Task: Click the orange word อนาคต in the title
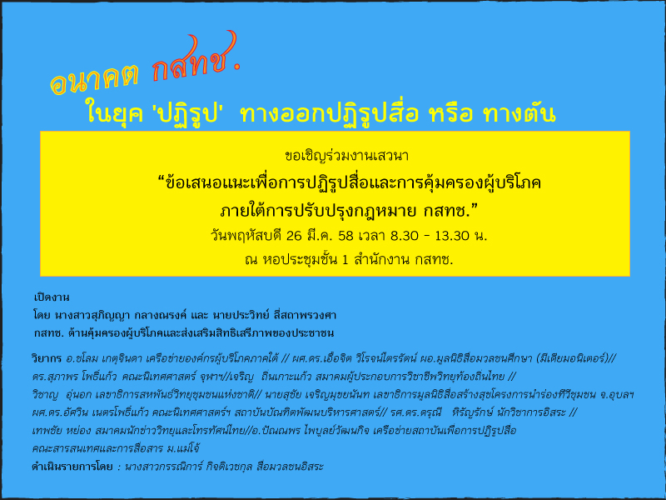(95, 78)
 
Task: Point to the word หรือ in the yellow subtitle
(451, 113)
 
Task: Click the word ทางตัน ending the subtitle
(519, 113)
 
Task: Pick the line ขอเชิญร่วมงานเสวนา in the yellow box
(346, 156)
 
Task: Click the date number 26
(294, 236)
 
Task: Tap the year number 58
(345, 236)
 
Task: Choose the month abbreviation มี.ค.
(321, 235)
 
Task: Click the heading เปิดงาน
(52, 297)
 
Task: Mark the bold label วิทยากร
(47, 358)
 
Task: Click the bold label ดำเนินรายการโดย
(72, 467)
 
